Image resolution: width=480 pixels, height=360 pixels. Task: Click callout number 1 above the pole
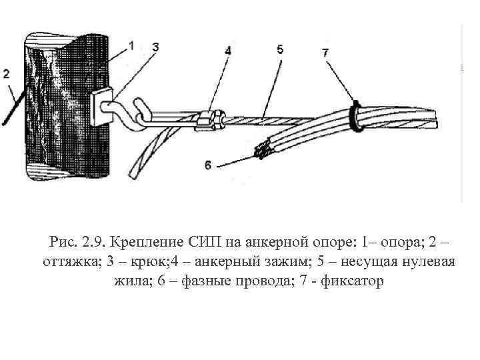click(131, 45)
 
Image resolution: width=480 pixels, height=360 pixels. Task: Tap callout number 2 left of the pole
click(6, 74)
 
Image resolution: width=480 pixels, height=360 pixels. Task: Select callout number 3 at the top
click(155, 47)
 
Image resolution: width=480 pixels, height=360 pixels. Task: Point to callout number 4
click(228, 50)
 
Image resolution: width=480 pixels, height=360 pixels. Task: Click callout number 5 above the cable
click(279, 49)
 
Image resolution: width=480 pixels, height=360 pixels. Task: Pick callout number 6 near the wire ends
click(209, 165)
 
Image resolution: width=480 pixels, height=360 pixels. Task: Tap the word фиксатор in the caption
click(352, 281)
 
